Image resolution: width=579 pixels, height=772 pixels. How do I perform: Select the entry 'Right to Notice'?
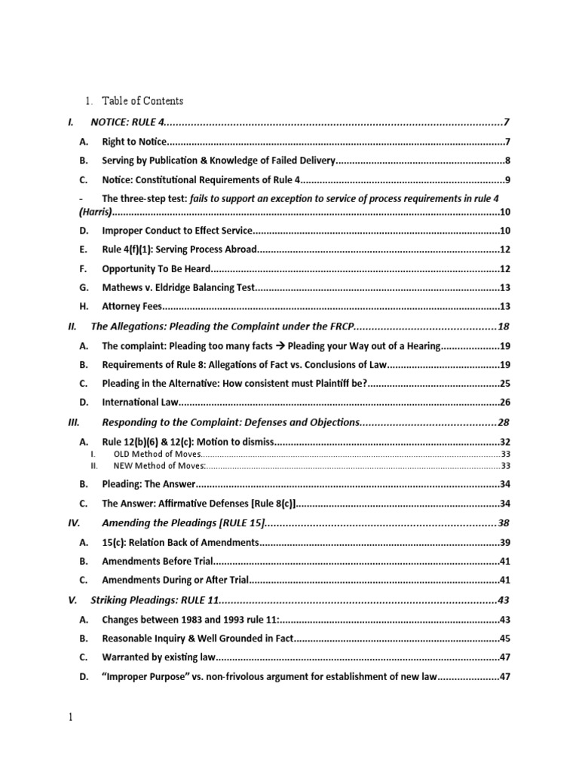[133, 142]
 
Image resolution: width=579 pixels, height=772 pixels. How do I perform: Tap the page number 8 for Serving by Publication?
[508, 161]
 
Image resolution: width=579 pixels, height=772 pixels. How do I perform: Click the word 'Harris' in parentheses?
[96, 212]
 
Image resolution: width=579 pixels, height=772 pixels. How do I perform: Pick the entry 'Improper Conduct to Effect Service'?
[177, 231]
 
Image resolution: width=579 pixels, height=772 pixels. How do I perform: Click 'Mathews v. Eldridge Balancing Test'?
[179, 287]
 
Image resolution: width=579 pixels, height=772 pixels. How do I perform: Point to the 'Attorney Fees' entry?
[132, 306]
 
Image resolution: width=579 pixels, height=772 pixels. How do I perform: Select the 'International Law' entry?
[140, 403]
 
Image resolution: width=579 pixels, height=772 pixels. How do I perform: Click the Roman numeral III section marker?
[74, 422]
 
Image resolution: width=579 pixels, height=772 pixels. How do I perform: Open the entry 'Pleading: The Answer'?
[149, 484]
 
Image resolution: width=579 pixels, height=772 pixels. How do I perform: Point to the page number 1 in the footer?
[71, 718]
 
